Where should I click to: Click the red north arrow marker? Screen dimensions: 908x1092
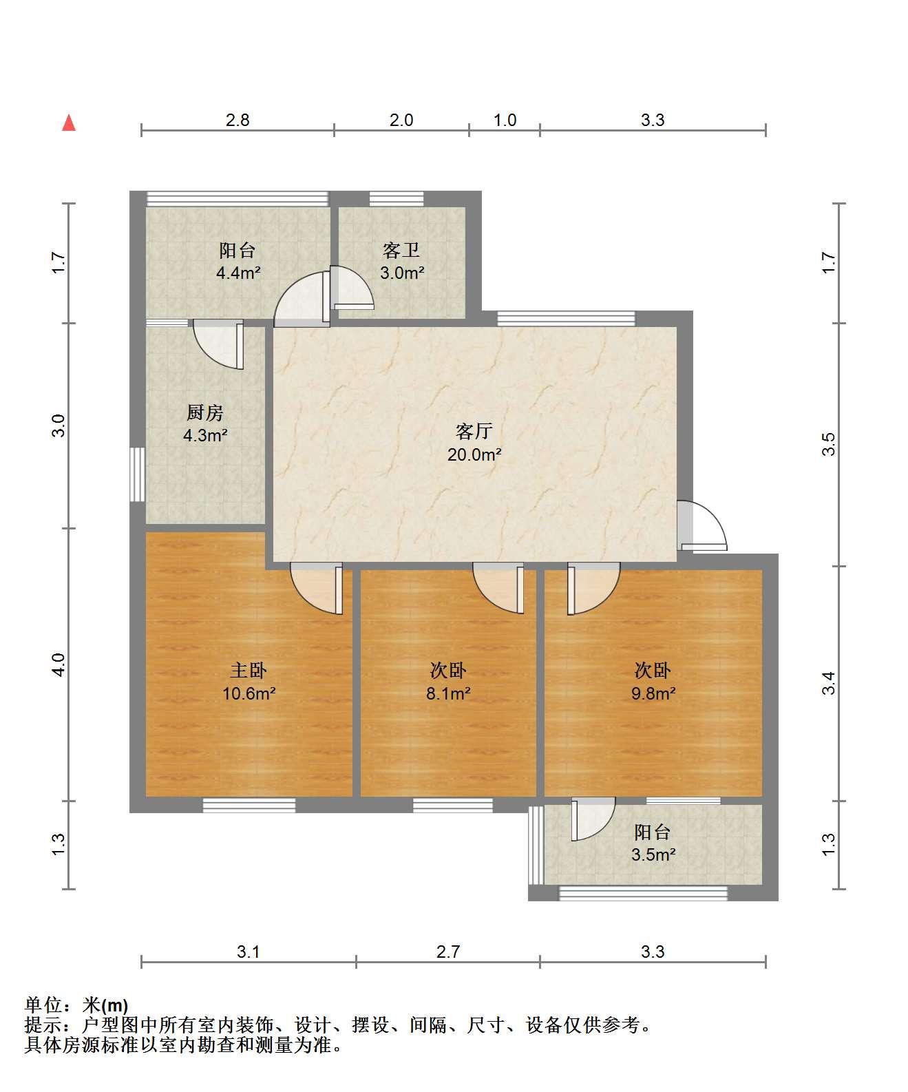coord(69,123)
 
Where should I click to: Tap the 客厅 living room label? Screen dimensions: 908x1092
coord(474,432)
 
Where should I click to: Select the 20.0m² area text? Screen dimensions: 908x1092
coord(474,454)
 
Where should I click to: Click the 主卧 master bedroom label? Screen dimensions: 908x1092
coord(249,671)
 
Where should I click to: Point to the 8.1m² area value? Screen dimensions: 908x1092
coord(448,693)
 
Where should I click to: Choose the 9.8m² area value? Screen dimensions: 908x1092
coord(653,693)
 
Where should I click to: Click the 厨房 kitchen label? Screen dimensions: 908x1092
coord(205,412)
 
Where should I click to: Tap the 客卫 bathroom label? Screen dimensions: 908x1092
coord(401,251)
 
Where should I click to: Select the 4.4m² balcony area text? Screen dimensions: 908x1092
coord(238,273)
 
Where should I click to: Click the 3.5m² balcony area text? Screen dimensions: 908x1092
coord(653,854)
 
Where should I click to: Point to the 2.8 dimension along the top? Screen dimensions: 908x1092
coord(237,120)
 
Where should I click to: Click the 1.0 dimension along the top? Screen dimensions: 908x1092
coord(505,120)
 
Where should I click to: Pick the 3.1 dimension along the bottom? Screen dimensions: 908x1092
coord(249,952)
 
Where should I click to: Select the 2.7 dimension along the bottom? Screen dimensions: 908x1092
coord(448,952)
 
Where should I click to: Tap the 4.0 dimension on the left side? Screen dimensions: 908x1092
coord(59,664)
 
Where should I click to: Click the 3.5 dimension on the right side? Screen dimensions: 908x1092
coord(829,445)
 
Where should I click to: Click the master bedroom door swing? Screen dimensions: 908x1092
coord(317,589)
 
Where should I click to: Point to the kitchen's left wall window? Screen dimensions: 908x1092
coord(137,474)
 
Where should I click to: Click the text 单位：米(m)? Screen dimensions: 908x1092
coord(76,1005)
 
